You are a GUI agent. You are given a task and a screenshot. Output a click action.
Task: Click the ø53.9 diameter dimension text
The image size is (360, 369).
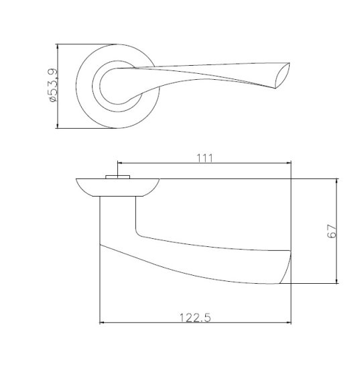pos(53,85)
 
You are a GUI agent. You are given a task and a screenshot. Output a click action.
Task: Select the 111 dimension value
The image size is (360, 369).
pos(205,158)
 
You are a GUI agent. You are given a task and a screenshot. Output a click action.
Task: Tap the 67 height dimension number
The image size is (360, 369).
pos(332,231)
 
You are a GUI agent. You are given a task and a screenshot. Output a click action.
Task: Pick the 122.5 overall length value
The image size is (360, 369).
pos(195,318)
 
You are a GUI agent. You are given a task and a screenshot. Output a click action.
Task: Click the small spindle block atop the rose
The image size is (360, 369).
pos(117,176)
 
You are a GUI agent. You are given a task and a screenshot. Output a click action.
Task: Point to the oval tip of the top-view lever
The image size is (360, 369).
pos(283,75)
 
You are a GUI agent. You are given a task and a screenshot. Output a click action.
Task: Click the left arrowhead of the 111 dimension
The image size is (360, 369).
pos(120,162)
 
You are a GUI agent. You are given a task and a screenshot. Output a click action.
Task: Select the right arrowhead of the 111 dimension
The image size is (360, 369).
pos(289,162)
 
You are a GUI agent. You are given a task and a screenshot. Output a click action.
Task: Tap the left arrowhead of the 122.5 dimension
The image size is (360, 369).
pos(102,323)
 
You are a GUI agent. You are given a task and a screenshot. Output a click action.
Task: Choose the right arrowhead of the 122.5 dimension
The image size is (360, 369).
pos(289,323)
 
